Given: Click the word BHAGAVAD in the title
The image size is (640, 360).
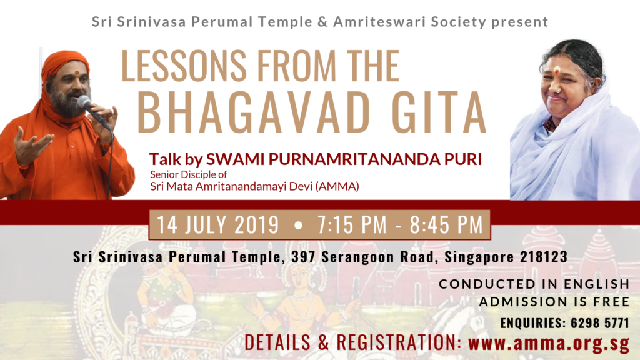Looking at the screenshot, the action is (254, 112).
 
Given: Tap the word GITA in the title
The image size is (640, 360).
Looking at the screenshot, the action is (439, 112).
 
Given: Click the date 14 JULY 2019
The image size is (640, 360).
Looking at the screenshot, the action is (218, 224).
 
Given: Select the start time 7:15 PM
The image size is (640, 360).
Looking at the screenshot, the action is (352, 224).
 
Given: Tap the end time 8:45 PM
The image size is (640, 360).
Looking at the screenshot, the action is (446, 224).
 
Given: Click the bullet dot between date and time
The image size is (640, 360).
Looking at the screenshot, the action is (298, 225).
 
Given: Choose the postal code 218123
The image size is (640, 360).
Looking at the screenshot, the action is (544, 257).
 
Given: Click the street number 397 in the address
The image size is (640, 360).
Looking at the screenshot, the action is (303, 257).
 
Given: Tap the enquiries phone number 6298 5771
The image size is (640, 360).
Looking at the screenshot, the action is (600, 323).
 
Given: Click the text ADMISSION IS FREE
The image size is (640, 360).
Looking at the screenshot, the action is (554, 302).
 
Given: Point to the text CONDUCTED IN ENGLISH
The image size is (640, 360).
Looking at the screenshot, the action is (534, 284).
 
